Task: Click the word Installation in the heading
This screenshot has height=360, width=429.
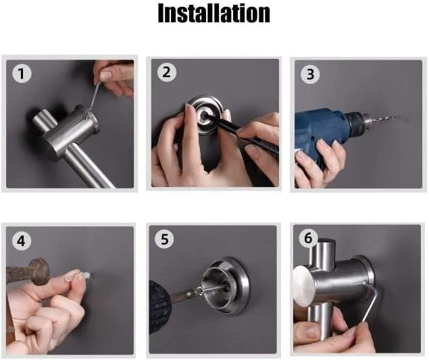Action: pos(214,13)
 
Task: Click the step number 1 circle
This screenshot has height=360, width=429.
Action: pos(22,74)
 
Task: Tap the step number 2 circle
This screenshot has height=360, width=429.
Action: pos(166,72)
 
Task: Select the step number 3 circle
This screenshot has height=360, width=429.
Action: pos(310,74)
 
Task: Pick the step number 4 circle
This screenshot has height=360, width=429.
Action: pos(22,240)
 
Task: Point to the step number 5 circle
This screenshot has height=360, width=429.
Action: pos(164,239)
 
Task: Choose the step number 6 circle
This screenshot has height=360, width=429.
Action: pos(308,238)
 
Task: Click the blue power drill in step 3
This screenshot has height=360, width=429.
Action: pos(328,131)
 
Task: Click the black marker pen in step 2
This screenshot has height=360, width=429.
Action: pos(241,132)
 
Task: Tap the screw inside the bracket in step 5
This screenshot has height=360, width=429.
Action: pos(216,287)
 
